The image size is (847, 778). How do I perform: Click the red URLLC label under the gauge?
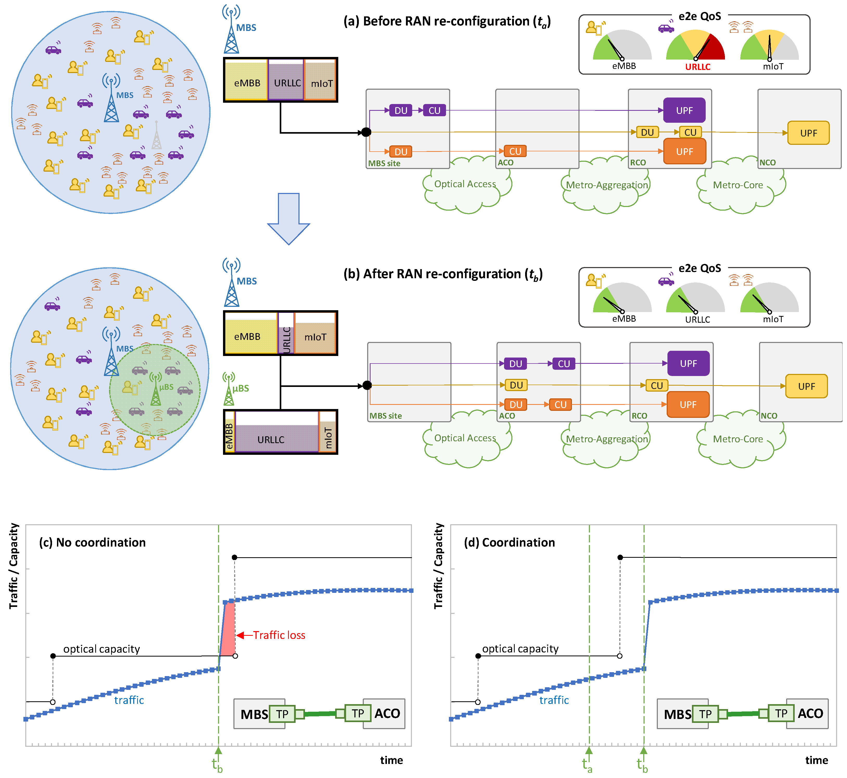(x=697, y=67)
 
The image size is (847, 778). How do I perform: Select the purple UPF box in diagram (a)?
(x=684, y=110)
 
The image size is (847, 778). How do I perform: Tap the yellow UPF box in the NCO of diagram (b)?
(x=806, y=386)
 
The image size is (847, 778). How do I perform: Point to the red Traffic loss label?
(x=279, y=635)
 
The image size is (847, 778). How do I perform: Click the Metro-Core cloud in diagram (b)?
(x=737, y=439)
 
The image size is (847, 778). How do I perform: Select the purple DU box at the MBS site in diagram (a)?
(x=400, y=110)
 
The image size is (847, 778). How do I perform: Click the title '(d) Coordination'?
(x=509, y=542)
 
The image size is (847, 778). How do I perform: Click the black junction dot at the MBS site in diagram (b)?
(x=367, y=385)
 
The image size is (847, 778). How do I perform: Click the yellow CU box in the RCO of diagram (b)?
(x=656, y=385)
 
